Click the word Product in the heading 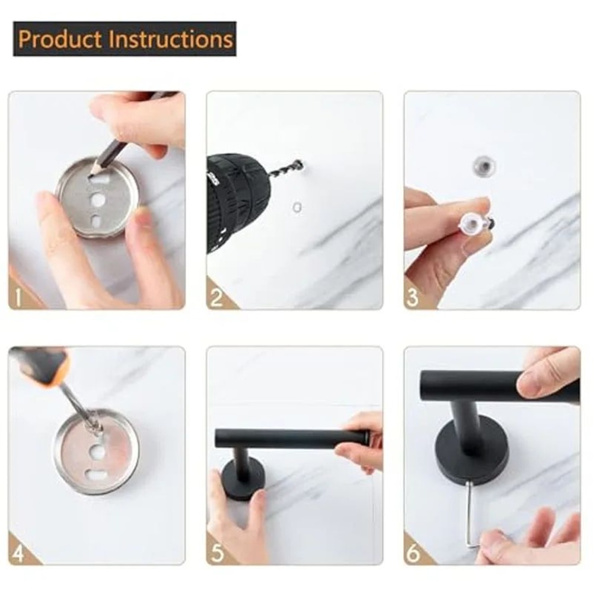59,39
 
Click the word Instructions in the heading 170,39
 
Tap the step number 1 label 18,296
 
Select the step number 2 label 216,296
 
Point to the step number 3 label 414,296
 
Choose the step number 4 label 18,553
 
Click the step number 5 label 216,553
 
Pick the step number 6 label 414,553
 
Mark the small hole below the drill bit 297,207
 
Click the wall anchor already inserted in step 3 483,165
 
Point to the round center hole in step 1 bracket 97,201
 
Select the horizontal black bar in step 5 291,438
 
